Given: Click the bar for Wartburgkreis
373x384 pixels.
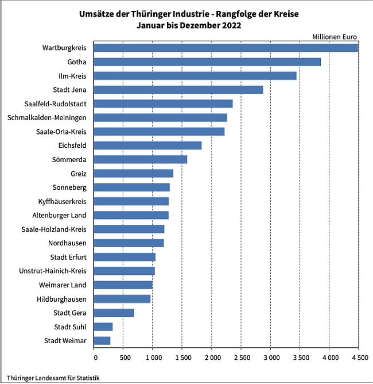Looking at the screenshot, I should tap(226, 48).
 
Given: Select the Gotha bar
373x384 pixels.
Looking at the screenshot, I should tap(207, 62).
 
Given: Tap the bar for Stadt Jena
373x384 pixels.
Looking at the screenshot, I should tap(178, 90).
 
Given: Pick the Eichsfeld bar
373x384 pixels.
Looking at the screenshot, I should tap(147, 145).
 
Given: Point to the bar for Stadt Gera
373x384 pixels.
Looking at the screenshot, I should tap(114, 313).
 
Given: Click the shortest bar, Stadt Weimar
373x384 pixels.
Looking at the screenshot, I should tap(102, 341).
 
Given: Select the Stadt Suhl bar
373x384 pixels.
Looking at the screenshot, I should tap(103, 327).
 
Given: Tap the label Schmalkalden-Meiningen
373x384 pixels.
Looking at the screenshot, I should tap(47, 118).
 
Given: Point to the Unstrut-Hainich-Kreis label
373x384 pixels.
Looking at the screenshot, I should tap(52, 271).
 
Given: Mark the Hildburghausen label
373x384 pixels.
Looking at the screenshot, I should tap(62, 299).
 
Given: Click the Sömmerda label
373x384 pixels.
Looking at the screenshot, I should tap(70, 159).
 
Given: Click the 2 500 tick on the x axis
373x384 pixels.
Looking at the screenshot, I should tap(242, 358).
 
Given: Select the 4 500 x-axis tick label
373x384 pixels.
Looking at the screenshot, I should tap(359, 358).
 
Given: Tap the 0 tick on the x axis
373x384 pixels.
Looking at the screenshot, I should tap(94, 358).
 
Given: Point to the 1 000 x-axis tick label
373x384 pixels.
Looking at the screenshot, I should tap(153, 358).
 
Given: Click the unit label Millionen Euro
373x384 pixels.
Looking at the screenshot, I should tap(335, 37).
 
